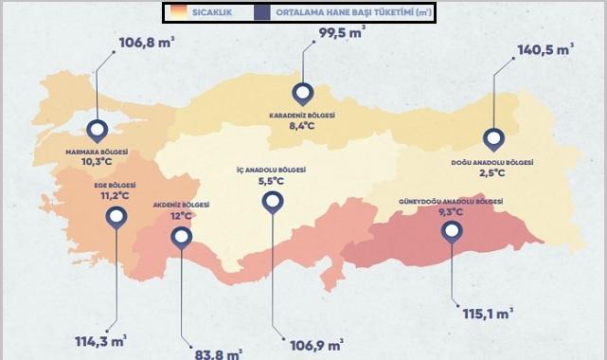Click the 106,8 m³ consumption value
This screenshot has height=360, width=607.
coord(147,43)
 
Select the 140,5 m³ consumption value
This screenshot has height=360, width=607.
coord(545,51)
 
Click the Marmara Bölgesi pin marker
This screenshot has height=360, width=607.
coord(98,131)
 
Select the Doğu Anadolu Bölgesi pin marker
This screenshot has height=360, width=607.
coord(493,138)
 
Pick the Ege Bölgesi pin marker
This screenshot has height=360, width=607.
coord(116,217)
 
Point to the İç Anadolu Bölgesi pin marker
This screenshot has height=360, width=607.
coord(273,201)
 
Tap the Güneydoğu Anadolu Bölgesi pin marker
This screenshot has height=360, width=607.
coord(454,228)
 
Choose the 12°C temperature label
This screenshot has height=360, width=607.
coord(181,215)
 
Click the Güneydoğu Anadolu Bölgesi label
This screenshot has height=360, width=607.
coord(453,202)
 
